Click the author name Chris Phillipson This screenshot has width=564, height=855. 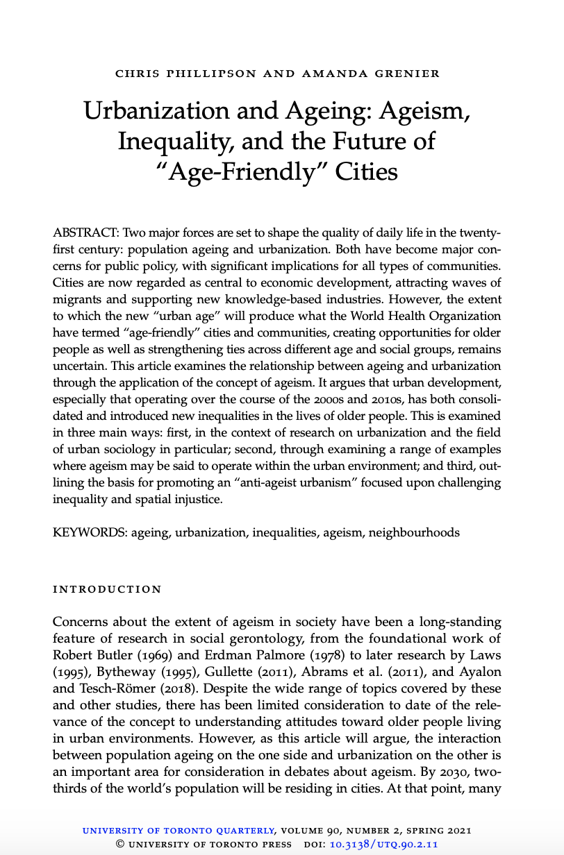coord(160,74)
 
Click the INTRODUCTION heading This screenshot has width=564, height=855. coord(107,589)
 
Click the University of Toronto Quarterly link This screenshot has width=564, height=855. coord(179,830)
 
